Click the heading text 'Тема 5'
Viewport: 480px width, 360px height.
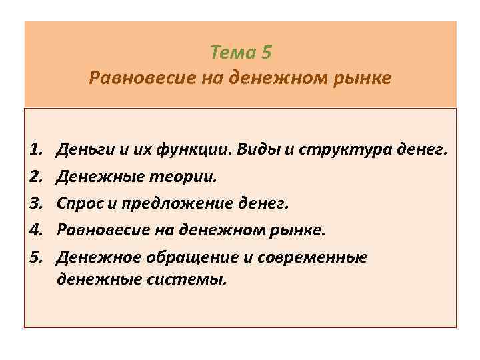coord(241,51)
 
